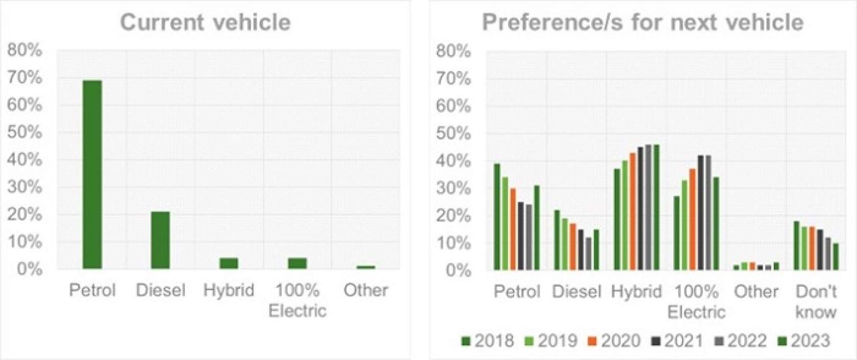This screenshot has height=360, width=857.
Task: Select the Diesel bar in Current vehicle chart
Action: click(160, 240)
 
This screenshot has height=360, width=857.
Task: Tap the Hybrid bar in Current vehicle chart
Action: click(229, 263)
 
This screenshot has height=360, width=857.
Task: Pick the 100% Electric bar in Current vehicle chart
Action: click(297, 263)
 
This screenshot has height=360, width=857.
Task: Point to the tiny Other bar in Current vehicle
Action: click(365, 267)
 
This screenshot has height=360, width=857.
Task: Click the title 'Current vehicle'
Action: click(205, 22)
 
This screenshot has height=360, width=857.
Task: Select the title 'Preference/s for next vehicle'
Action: click(643, 22)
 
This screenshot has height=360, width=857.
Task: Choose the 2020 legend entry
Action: click(614, 341)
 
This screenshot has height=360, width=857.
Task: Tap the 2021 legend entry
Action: click(677, 341)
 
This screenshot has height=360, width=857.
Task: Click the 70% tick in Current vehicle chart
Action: click(24, 78)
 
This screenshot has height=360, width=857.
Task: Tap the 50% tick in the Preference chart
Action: click(453, 134)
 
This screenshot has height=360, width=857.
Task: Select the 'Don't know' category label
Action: click(816, 301)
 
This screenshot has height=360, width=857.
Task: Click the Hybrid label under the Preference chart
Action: click(636, 292)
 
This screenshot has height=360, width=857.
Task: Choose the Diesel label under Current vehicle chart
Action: click(160, 290)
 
